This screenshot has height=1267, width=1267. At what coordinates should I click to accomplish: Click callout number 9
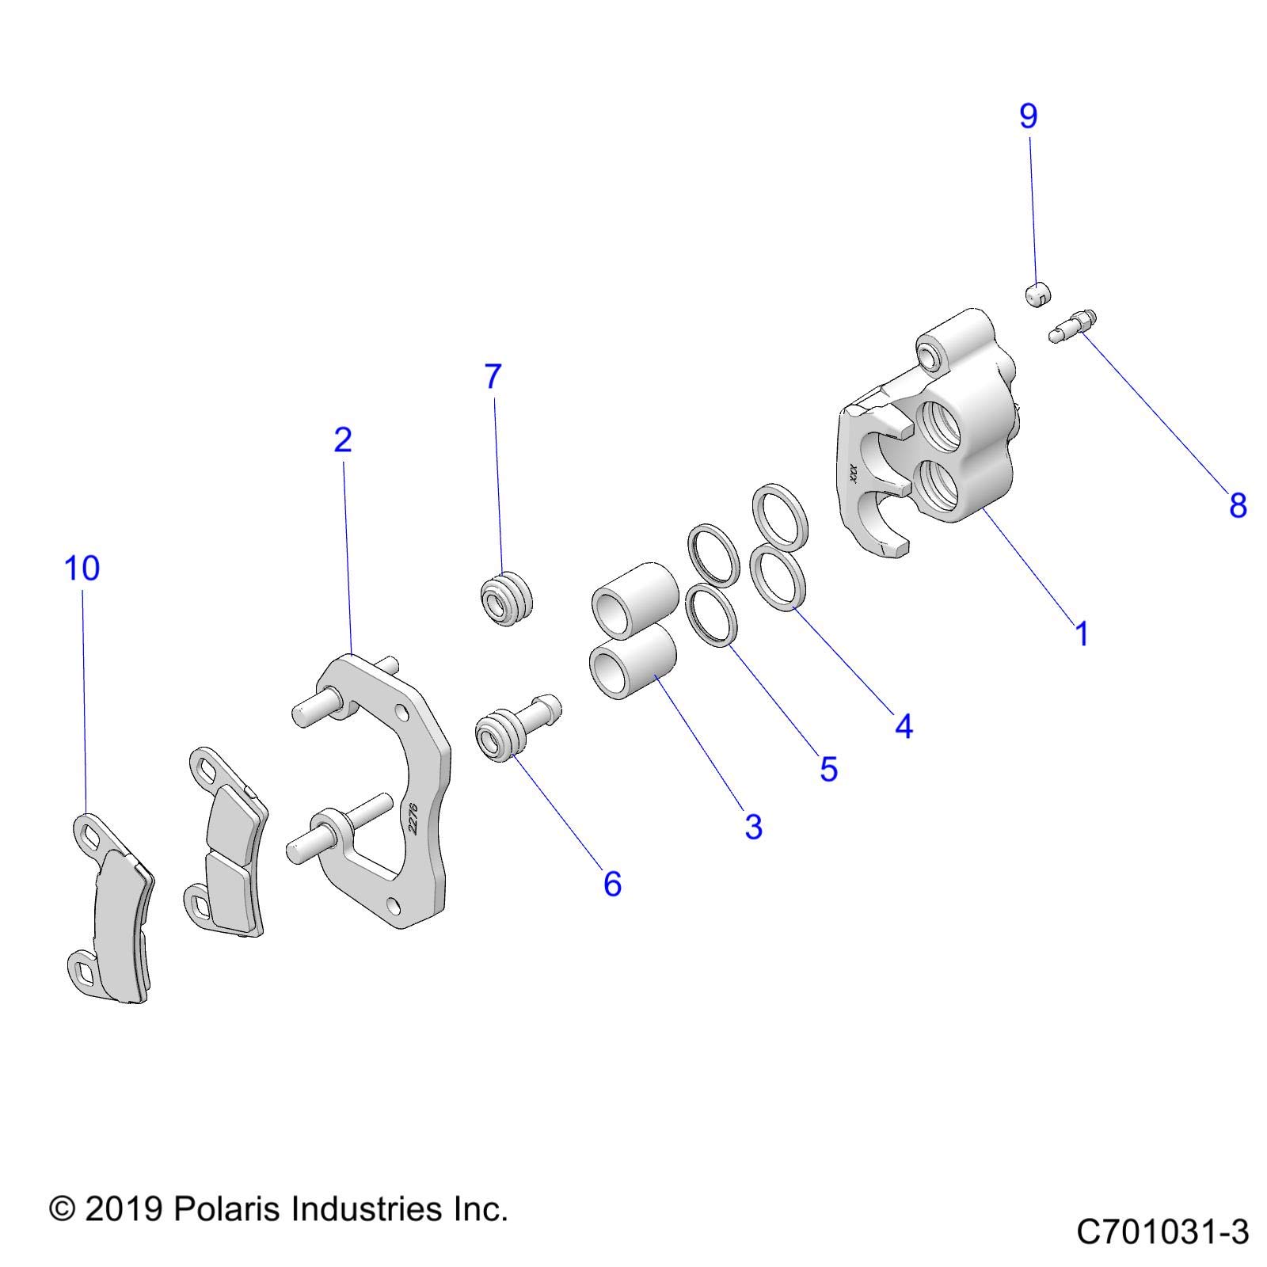pyautogui.click(x=1028, y=116)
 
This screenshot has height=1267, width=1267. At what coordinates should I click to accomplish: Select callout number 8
pyautogui.click(x=1238, y=505)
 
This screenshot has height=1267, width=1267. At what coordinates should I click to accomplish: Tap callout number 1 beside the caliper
pyautogui.click(x=1082, y=634)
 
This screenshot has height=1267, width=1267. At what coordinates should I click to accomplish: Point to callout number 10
pyautogui.click(x=82, y=569)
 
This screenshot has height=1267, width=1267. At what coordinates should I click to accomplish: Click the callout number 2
pyautogui.click(x=342, y=439)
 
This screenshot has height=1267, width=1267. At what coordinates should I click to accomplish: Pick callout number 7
pyautogui.click(x=493, y=377)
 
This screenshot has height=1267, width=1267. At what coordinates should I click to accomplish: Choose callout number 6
pyautogui.click(x=612, y=884)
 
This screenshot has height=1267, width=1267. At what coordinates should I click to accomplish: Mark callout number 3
pyautogui.click(x=753, y=827)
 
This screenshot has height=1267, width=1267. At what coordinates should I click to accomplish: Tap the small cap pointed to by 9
pyautogui.click(x=1036, y=296)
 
